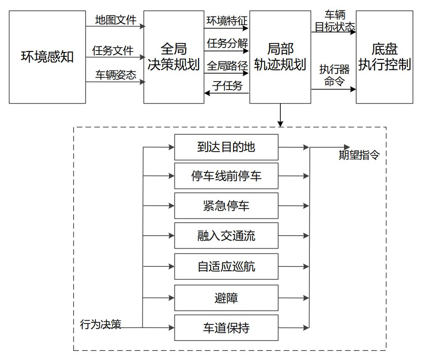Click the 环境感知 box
coord(47,57)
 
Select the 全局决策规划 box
coord(174,57)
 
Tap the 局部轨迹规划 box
coord(280,57)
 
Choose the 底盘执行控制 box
coord(385,57)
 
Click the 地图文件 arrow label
coord(116,19)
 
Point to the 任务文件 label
coord(113,50)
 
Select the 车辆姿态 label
coord(116,75)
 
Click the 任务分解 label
coord(227,44)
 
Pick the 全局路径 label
coord(227,66)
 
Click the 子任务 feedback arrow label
coord(227,86)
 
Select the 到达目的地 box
coord(226,147)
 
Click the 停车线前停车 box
coord(226,176)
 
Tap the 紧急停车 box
coord(226,206)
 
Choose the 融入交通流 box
coord(226,236)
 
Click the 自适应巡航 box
coord(226,266)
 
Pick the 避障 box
coord(226,298)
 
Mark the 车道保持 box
coord(226,328)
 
